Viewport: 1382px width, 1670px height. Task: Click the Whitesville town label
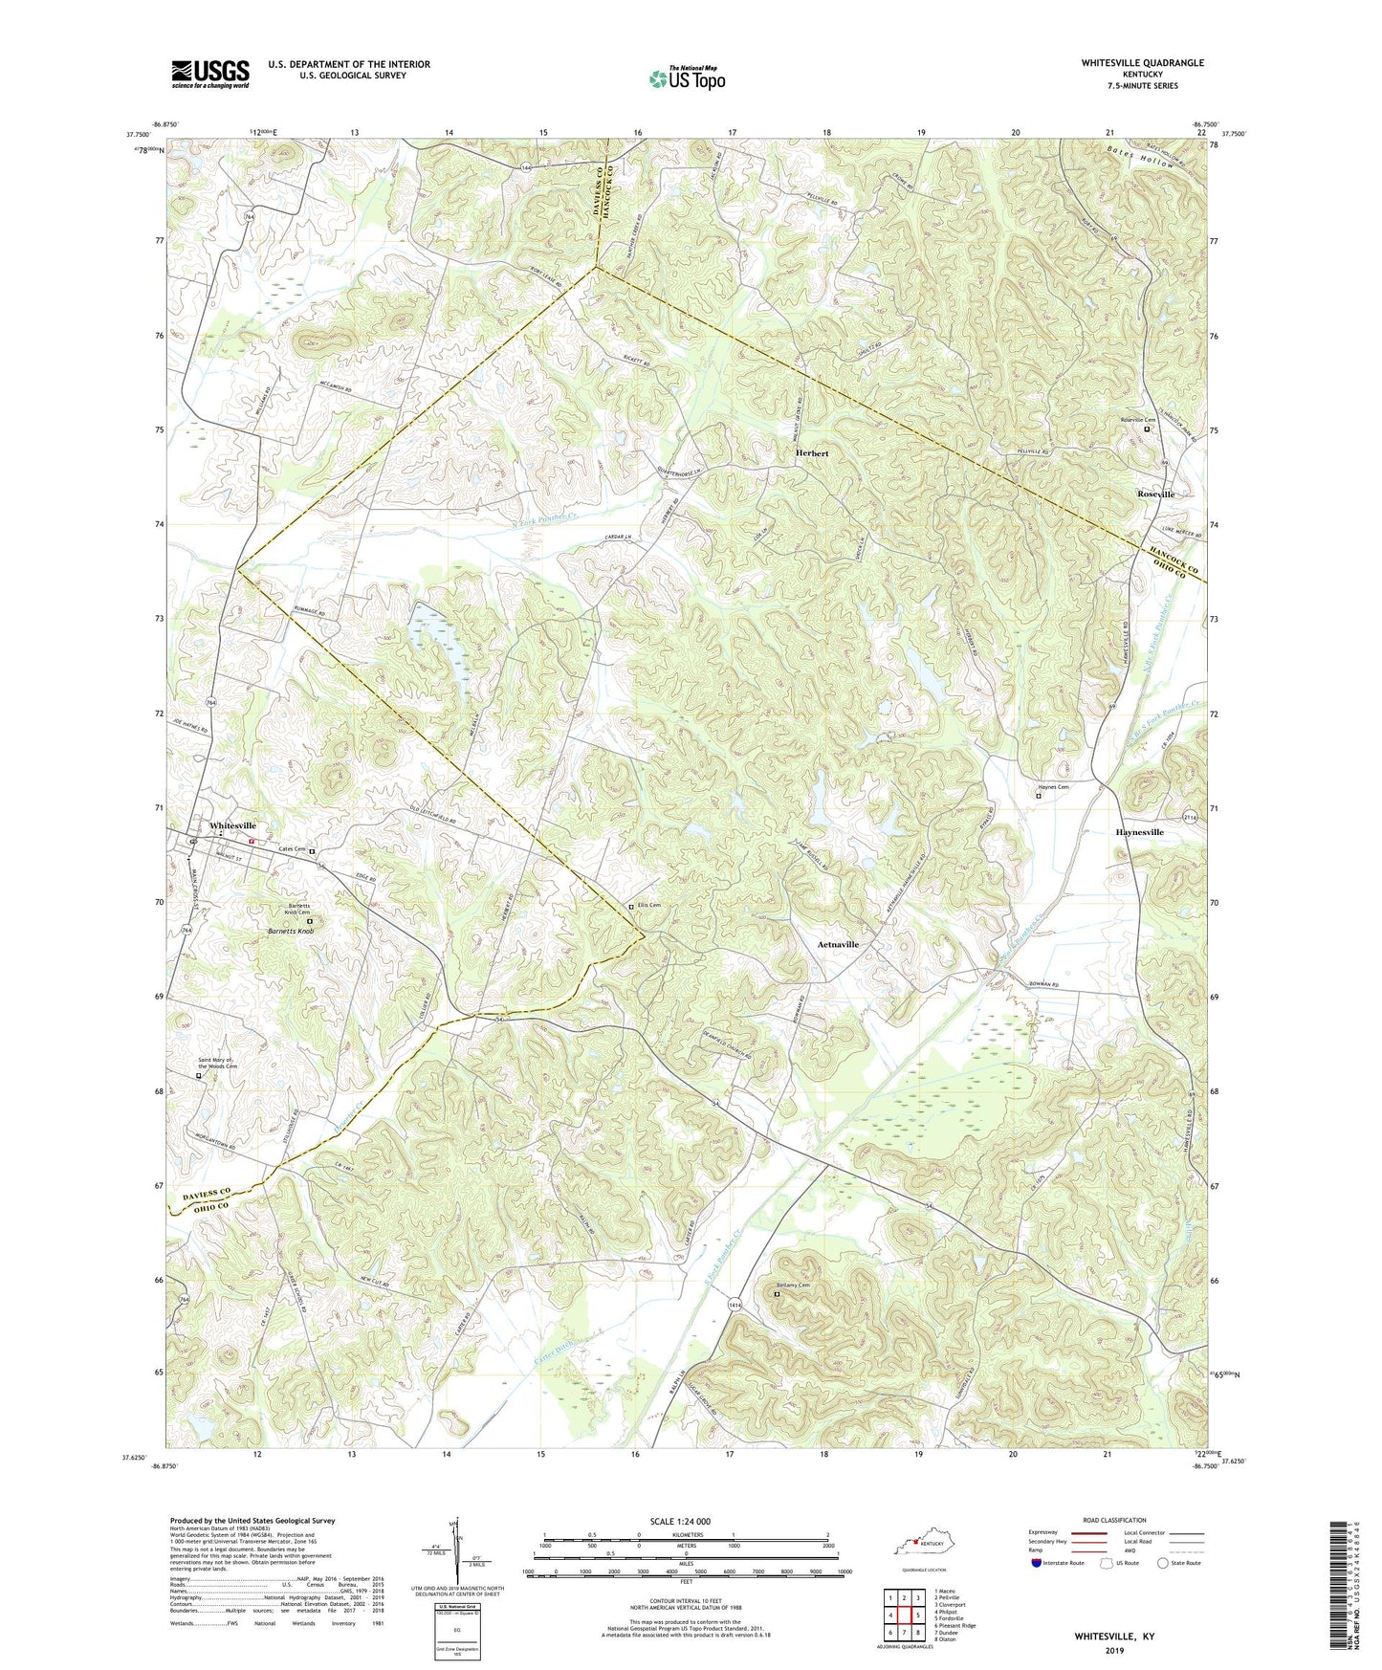pos(232,825)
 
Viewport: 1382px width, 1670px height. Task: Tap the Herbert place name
pos(812,452)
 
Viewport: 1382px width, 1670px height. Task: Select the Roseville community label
pos(1155,494)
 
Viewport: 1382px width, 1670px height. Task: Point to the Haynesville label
pos(1139,832)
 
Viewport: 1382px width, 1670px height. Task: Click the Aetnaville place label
pos(838,944)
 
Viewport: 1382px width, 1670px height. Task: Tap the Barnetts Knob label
pos(292,931)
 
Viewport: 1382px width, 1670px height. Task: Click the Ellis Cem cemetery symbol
pos(630,906)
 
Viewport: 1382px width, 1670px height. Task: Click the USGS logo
pos(209,74)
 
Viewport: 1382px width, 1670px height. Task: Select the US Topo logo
pos(686,78)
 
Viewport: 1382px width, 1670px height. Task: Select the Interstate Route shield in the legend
pos(1038,1563)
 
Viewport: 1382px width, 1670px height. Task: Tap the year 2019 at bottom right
pos(1114,1650)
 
